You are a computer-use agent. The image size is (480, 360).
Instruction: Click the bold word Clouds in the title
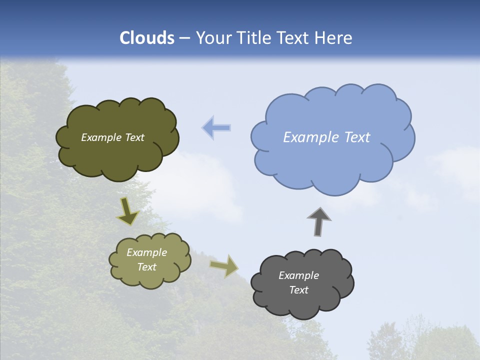147,38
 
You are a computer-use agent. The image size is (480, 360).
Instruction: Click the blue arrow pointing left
216,128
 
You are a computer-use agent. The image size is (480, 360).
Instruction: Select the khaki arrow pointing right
224,265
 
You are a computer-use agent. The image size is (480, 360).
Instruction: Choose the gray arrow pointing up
319,221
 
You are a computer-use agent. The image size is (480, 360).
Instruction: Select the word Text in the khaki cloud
147,267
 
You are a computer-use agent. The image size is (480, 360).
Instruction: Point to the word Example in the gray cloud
298,275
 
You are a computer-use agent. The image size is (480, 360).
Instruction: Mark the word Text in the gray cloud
298,290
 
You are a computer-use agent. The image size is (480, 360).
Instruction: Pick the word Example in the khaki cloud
147,252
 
